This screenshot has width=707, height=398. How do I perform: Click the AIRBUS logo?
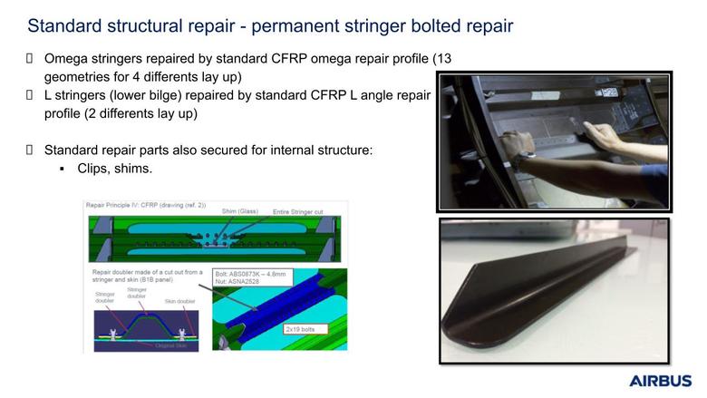[x=660, y=381]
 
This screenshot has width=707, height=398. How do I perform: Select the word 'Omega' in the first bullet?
[x=67, y=59]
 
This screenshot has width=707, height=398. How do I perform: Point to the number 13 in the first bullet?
[x=442, y=59]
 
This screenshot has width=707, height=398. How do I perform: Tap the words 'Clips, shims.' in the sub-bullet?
[x=115, y=169]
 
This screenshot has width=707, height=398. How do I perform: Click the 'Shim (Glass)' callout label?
[x=239, y=211]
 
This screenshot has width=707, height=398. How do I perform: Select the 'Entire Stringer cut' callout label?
[x=303, y=211]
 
